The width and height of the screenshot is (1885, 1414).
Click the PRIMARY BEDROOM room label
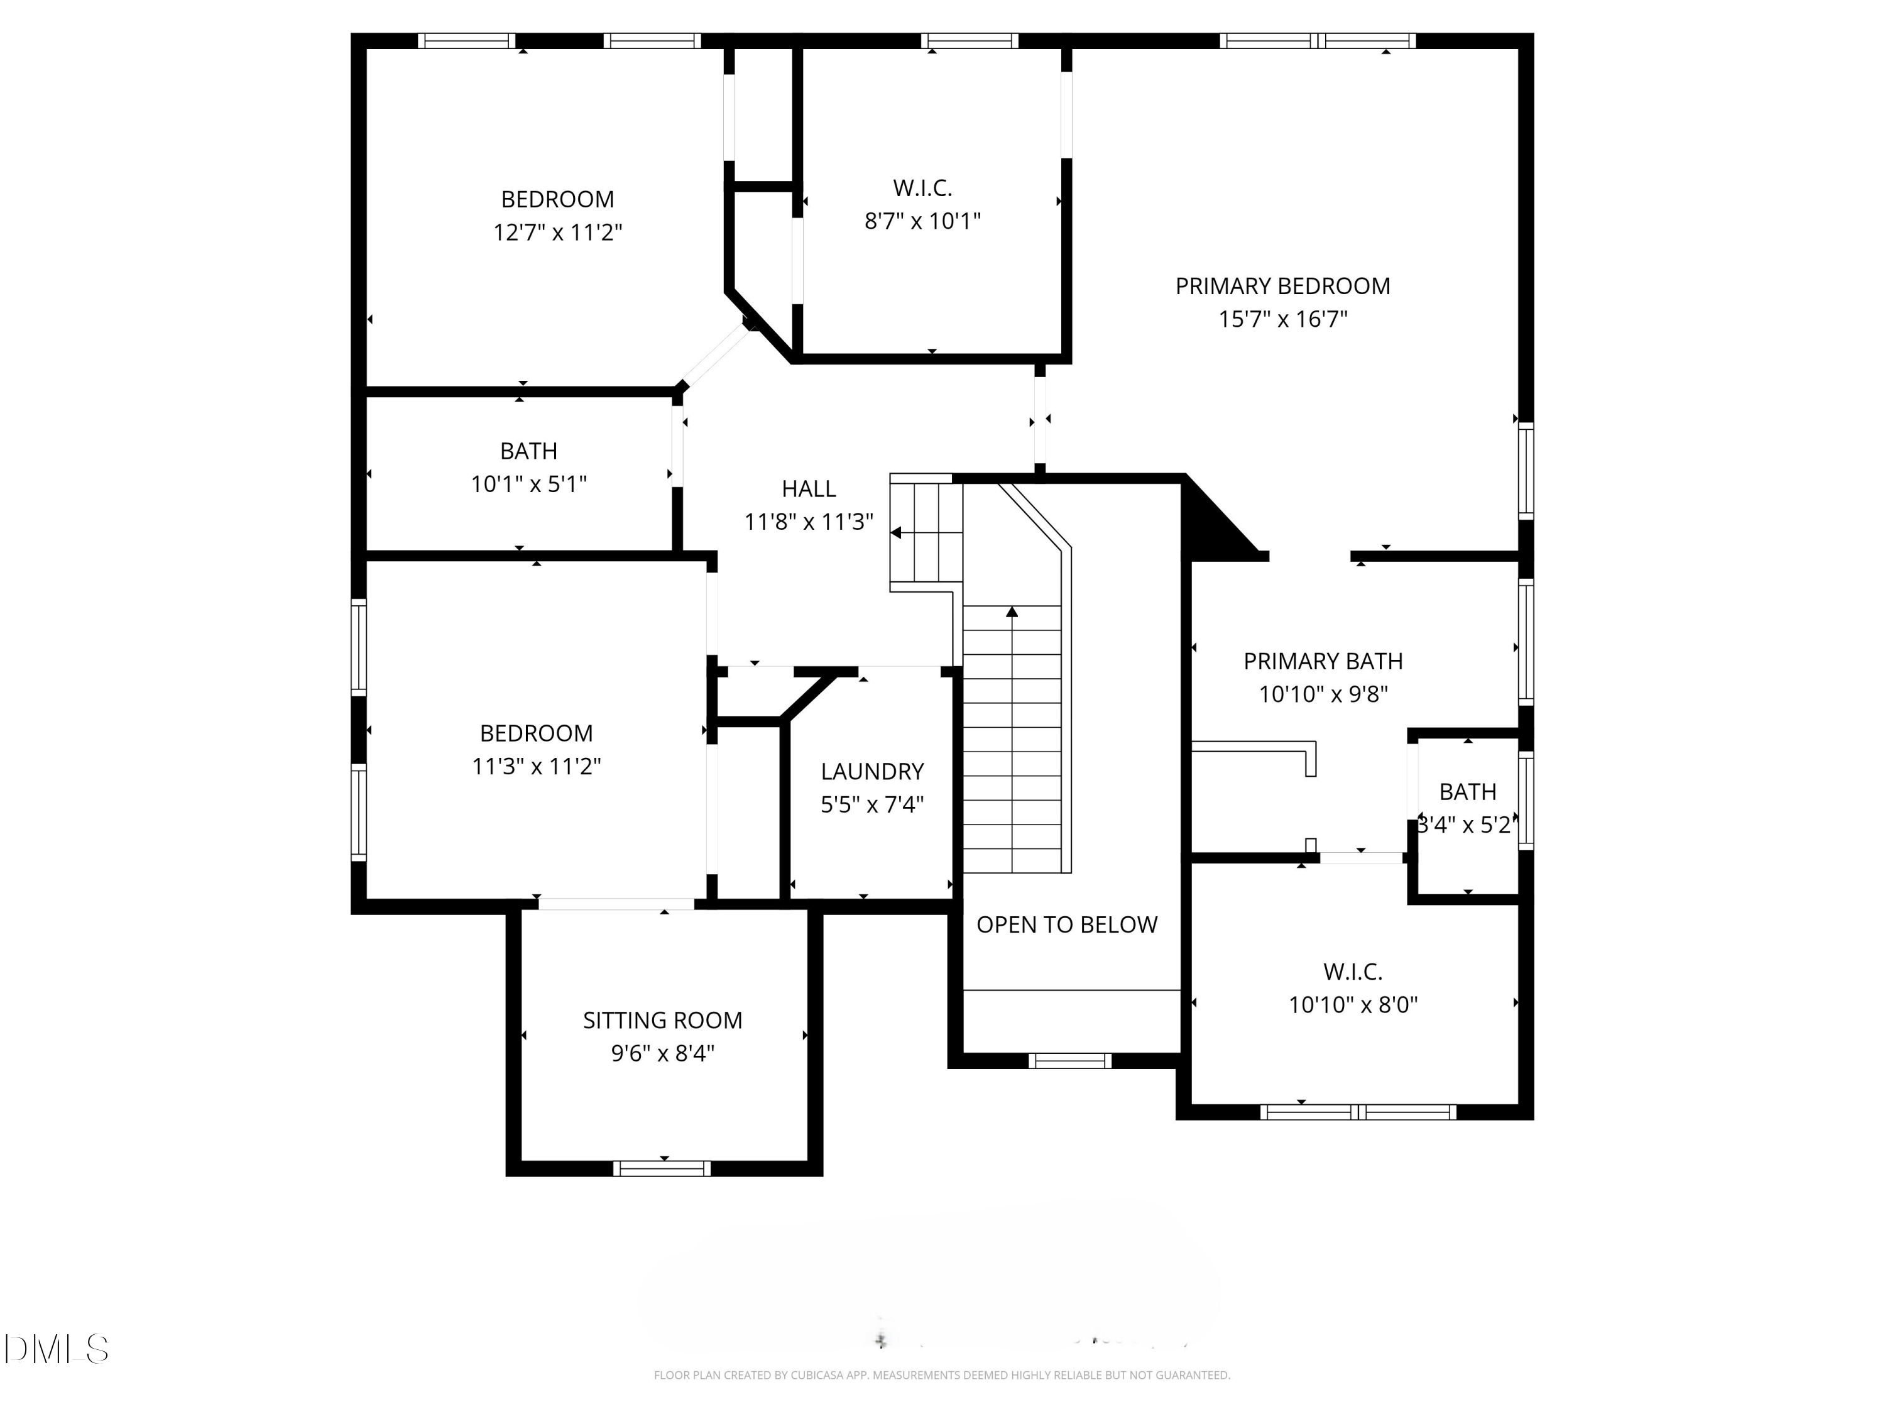tap(1282, 287)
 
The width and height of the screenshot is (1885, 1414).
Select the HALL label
tap(809, 489)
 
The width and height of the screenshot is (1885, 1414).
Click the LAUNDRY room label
tap(871, 771)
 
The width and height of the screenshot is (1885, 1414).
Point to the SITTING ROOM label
tap(662, 1020)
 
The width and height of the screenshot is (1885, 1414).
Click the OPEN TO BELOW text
tap(1066, 925)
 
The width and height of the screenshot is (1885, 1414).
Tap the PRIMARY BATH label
tap(1323, 661)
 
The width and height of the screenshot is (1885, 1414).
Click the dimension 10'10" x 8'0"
tap(1352, 1005)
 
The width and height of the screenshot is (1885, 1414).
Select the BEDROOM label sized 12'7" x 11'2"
tap(557, 199)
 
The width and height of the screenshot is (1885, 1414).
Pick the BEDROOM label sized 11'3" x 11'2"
tap(536, 733)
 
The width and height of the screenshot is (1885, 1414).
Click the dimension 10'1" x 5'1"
tap(528, 484)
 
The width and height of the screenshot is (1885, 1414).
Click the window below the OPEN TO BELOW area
tap(1069, 1060)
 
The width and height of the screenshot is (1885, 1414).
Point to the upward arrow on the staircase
tap(1012, 612)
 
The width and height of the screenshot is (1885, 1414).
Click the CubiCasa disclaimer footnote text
tap(942, 1375)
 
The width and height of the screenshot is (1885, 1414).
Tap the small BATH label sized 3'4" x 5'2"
tap(1467, 792)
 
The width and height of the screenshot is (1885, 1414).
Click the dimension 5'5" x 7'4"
tap(871, 804)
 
